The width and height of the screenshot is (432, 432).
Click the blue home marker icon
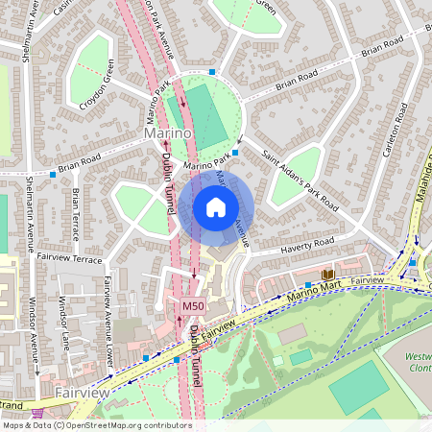pos(216,207)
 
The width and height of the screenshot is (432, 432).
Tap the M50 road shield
pos(193,305)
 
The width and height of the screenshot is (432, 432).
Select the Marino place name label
pos(169,132)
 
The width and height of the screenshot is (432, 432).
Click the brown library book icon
pos(327,274)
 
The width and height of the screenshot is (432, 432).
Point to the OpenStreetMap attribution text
pos(96,424)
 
